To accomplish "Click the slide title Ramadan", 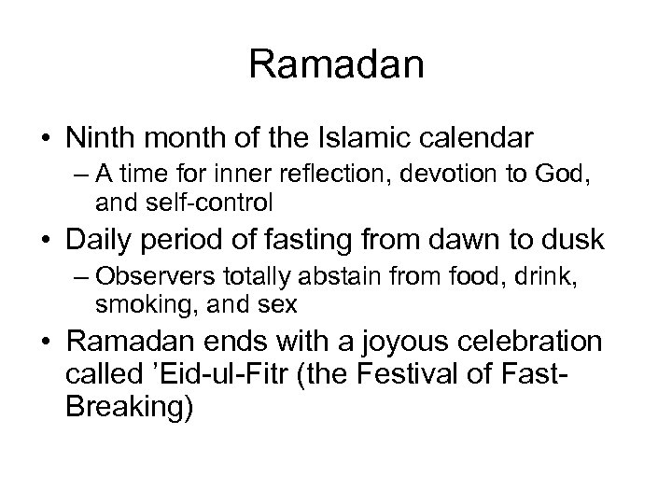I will coord(336,64).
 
